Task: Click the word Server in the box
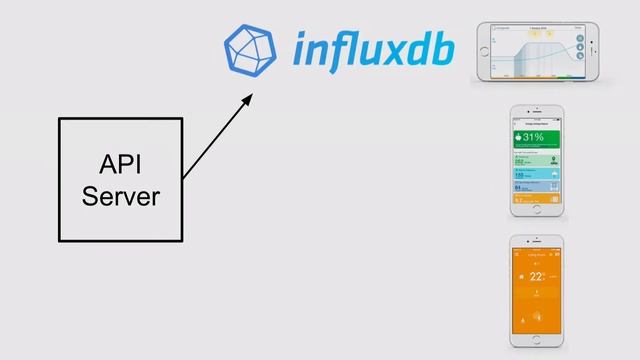(x=120, y=196)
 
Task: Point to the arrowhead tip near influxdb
(x=251, y=94)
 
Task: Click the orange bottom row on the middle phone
(x=532, y=199)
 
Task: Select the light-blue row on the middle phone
(x=532, y=172)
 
